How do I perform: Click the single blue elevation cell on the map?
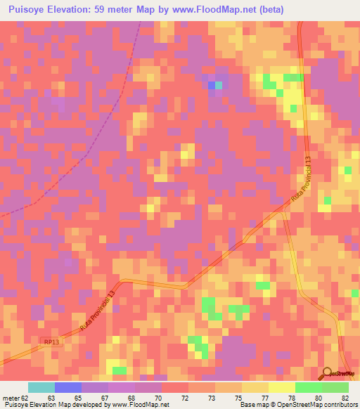(211, 85)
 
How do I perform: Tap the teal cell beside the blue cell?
(218, 85)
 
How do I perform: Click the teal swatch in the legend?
(41, 387)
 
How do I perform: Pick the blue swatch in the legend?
(68, 387)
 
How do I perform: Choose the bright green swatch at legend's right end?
(335, 387)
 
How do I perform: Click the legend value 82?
(345, 397)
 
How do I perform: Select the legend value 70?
(158, 397)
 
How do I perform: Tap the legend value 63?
(51, 397)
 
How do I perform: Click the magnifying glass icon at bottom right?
(327, 373)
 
